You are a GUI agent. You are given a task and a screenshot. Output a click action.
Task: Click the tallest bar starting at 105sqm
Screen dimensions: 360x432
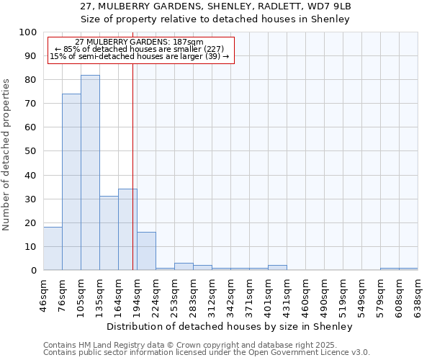[x=90, y=173]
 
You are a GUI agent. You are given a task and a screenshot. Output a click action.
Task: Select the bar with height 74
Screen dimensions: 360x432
[x=71, y=182]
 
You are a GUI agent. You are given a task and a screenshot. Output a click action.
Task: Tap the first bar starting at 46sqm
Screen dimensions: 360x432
[x=53, y=248]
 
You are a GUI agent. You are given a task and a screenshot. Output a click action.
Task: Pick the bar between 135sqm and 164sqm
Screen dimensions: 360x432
[x=109, y=233]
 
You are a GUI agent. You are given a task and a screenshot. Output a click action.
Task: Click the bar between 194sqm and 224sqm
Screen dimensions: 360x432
[x=146, y=251]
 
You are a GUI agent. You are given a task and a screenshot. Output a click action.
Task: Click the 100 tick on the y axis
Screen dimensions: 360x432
[x=30, y=32]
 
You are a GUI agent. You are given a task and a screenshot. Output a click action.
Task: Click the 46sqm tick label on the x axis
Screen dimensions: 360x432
[x=44, y=294]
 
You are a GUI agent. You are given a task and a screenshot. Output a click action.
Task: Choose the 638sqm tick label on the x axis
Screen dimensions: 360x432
[x=418, y=294]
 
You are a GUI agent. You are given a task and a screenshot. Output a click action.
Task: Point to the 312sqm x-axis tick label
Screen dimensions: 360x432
[x=212, y=294]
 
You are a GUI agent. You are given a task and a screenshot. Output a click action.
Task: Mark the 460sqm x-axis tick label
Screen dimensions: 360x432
[x=306, y=294]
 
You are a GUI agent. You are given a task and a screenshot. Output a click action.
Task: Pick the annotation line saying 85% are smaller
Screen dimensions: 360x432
[x=139, y=49]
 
